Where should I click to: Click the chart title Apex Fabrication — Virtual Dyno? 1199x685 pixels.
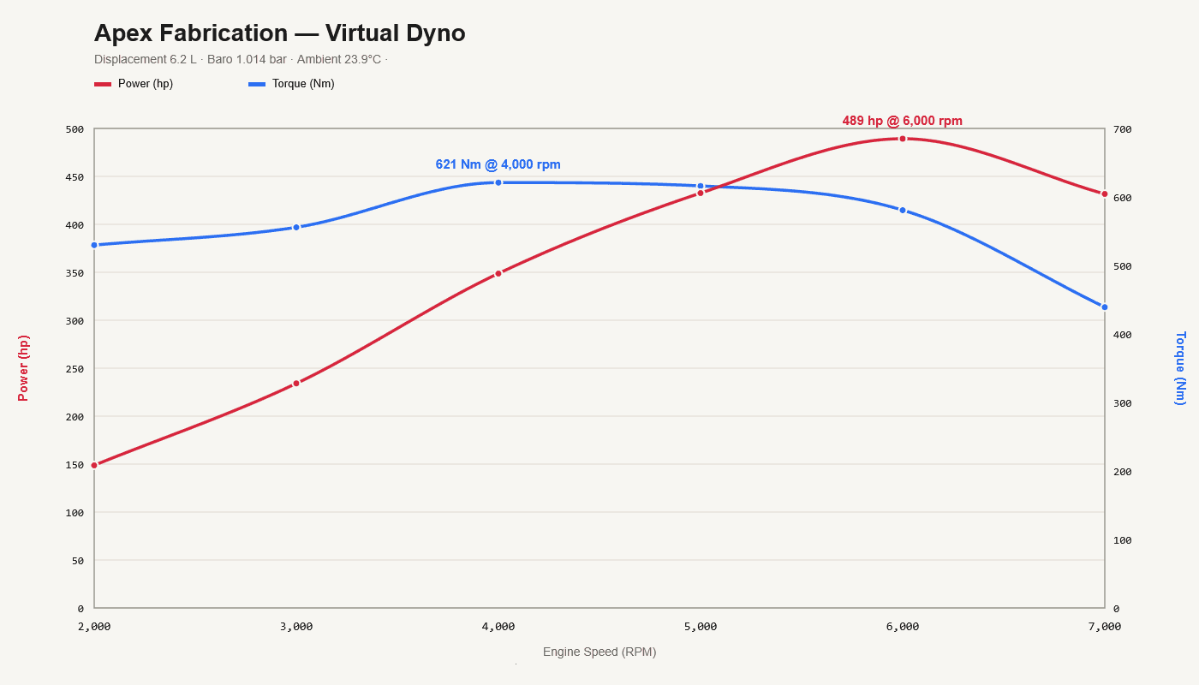pos(279,33)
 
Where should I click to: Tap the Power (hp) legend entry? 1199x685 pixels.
pos(134,84)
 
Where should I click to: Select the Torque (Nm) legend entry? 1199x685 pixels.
pos(292,84)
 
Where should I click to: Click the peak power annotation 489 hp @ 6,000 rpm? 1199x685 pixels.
pos(902,121)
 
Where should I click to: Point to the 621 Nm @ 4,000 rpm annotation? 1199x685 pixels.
pos(498,164)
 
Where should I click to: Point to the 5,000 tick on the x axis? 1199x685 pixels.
pos(701,627)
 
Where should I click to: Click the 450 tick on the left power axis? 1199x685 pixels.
pos(75,177)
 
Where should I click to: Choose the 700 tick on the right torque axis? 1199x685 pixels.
pos(1123,129)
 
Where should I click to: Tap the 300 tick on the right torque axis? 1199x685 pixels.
pos(1123,403)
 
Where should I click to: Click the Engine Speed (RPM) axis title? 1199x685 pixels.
pos(599,652)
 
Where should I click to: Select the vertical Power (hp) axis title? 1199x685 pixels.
pos(23,368)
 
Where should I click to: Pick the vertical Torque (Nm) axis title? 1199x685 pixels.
pos(1180,368)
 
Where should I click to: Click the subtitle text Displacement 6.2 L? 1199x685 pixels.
pos(146,59)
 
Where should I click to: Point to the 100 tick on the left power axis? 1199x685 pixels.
pos(75,513)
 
